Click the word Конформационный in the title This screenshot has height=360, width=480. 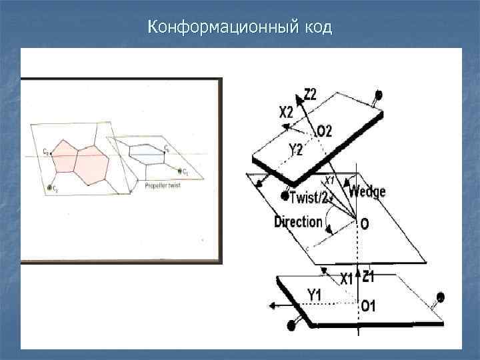(x=223, y=29)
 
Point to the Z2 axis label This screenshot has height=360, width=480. (x=311, y=95)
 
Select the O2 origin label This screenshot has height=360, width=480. (x=324, y=131)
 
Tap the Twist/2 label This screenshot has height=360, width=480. (x=310, y=197)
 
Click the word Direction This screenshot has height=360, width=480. (x=298, y=222)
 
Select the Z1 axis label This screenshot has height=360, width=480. (x=368, y=276)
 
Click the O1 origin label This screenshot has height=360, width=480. (x=368, y=306)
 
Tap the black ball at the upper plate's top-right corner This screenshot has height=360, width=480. (x=379, y=95)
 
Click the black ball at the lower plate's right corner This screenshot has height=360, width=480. (x=440, y=297)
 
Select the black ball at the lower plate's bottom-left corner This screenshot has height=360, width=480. (x=291, y=326)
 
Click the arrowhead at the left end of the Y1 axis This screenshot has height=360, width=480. (x=272, y=306)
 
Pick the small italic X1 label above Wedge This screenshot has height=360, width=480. (x=329, y=181)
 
